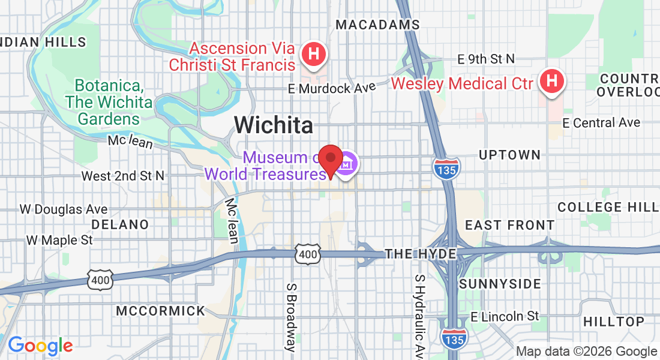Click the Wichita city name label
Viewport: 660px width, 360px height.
pyautogui.click(x=274, y=125)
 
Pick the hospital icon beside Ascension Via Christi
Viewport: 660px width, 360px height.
pyautogui.click(x=313, y=54)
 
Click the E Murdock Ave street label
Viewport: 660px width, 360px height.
pyautogui.click(x=331, y=88)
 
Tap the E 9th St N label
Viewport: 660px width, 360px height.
pyautogui.click(x=486, y=59)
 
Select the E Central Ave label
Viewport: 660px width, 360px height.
pyautogui.click(x=601, y=122)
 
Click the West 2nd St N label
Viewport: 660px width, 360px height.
pyautogui.click(x=122, y=176)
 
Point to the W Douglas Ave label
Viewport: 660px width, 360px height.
pyautogui.click(x=64, y=209)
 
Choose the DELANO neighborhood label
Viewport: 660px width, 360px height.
pyautogui.click(x=120, y=224)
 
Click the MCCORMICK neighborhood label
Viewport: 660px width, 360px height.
pyautogui.click(x=160, y=311)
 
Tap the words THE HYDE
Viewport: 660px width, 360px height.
pyautogui.click(x=421, y=254)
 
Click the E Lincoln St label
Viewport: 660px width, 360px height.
pyautogui.click(x=505, y=316)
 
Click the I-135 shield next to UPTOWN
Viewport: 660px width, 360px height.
pyautogui.click(x=445, y=168)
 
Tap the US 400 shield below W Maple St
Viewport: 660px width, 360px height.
pyautogui.click(x=100, y=279)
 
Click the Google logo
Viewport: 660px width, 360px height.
pyautogui.click(x=40, y=346)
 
